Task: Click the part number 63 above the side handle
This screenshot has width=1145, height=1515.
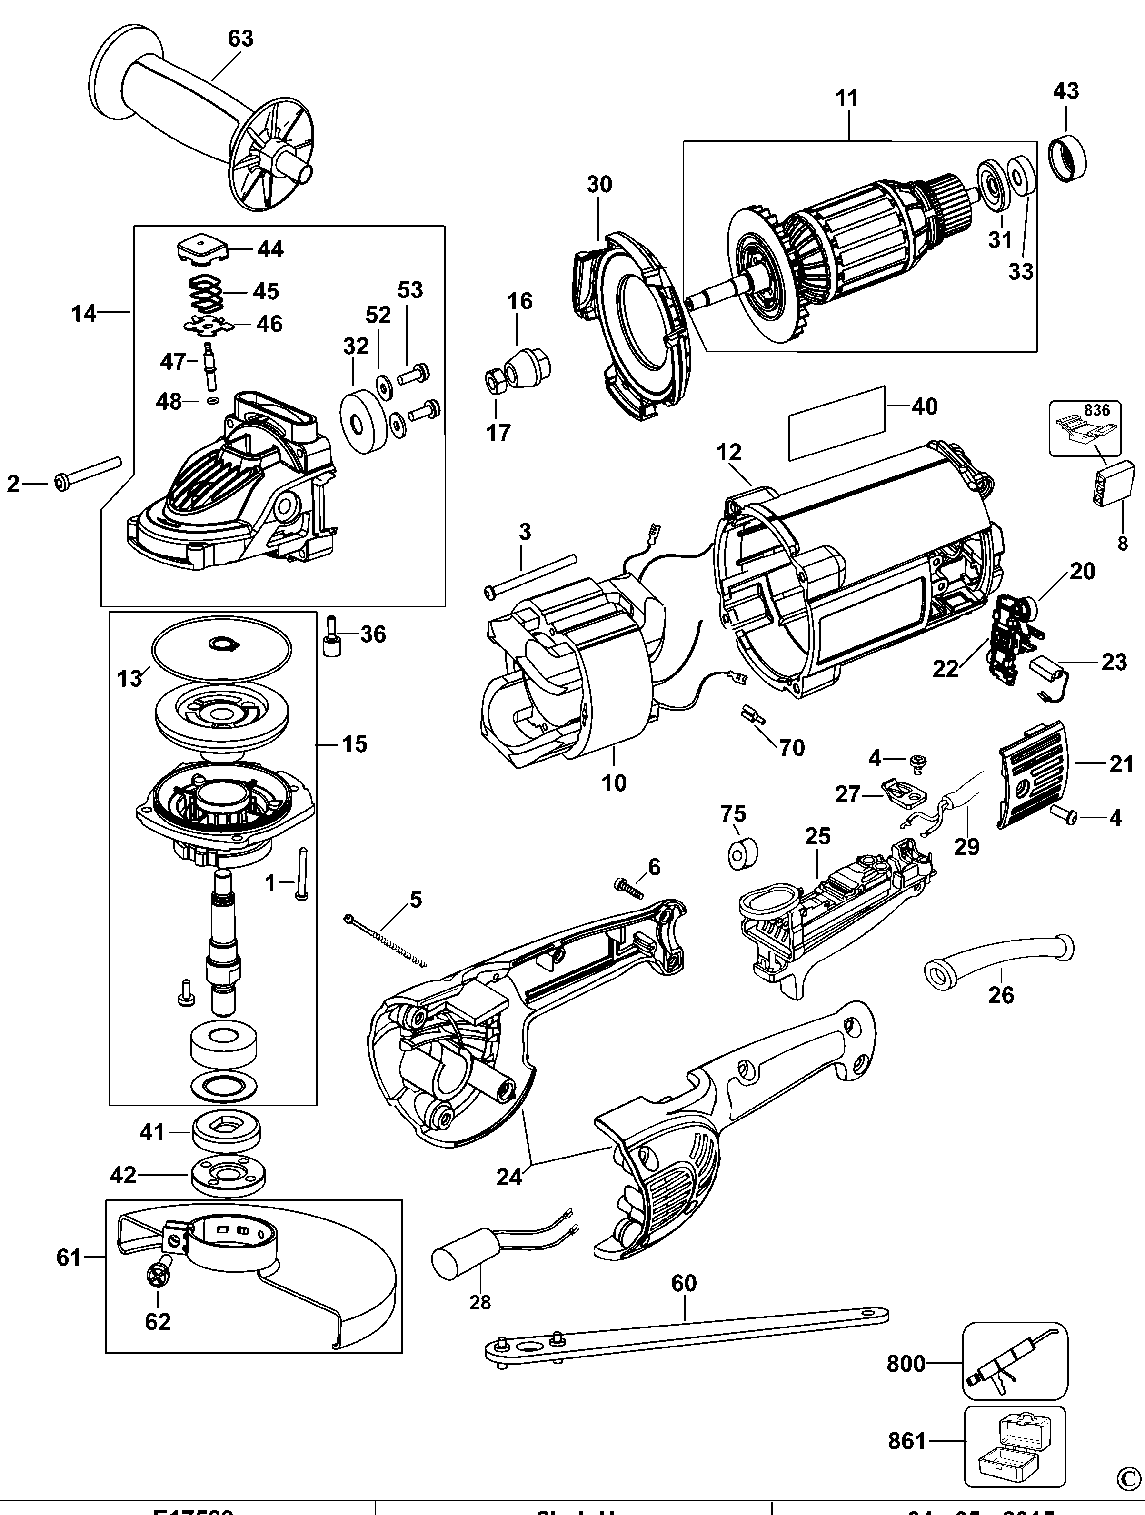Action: point(240,39)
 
